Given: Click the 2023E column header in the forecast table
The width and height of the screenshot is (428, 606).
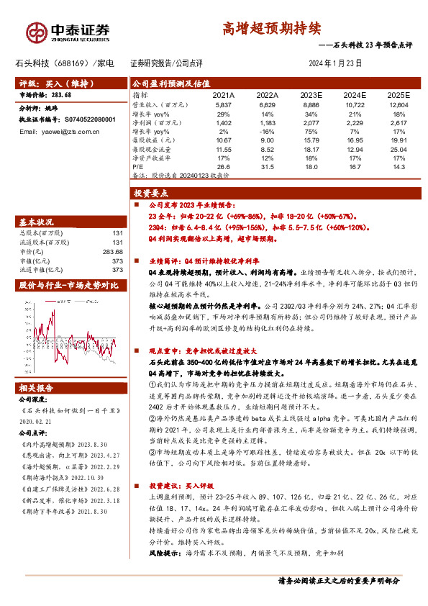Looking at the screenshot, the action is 311,94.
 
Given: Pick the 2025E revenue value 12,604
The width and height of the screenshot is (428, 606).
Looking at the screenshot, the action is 398,104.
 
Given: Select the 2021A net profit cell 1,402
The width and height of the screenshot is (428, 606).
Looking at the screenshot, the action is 224,123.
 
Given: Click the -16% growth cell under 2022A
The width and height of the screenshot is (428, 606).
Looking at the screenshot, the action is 267,132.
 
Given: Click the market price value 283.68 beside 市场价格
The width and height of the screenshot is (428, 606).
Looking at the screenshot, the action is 61,94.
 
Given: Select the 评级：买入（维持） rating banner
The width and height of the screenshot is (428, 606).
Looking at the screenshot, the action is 50,83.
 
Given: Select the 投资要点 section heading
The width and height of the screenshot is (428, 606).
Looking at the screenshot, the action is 150,194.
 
